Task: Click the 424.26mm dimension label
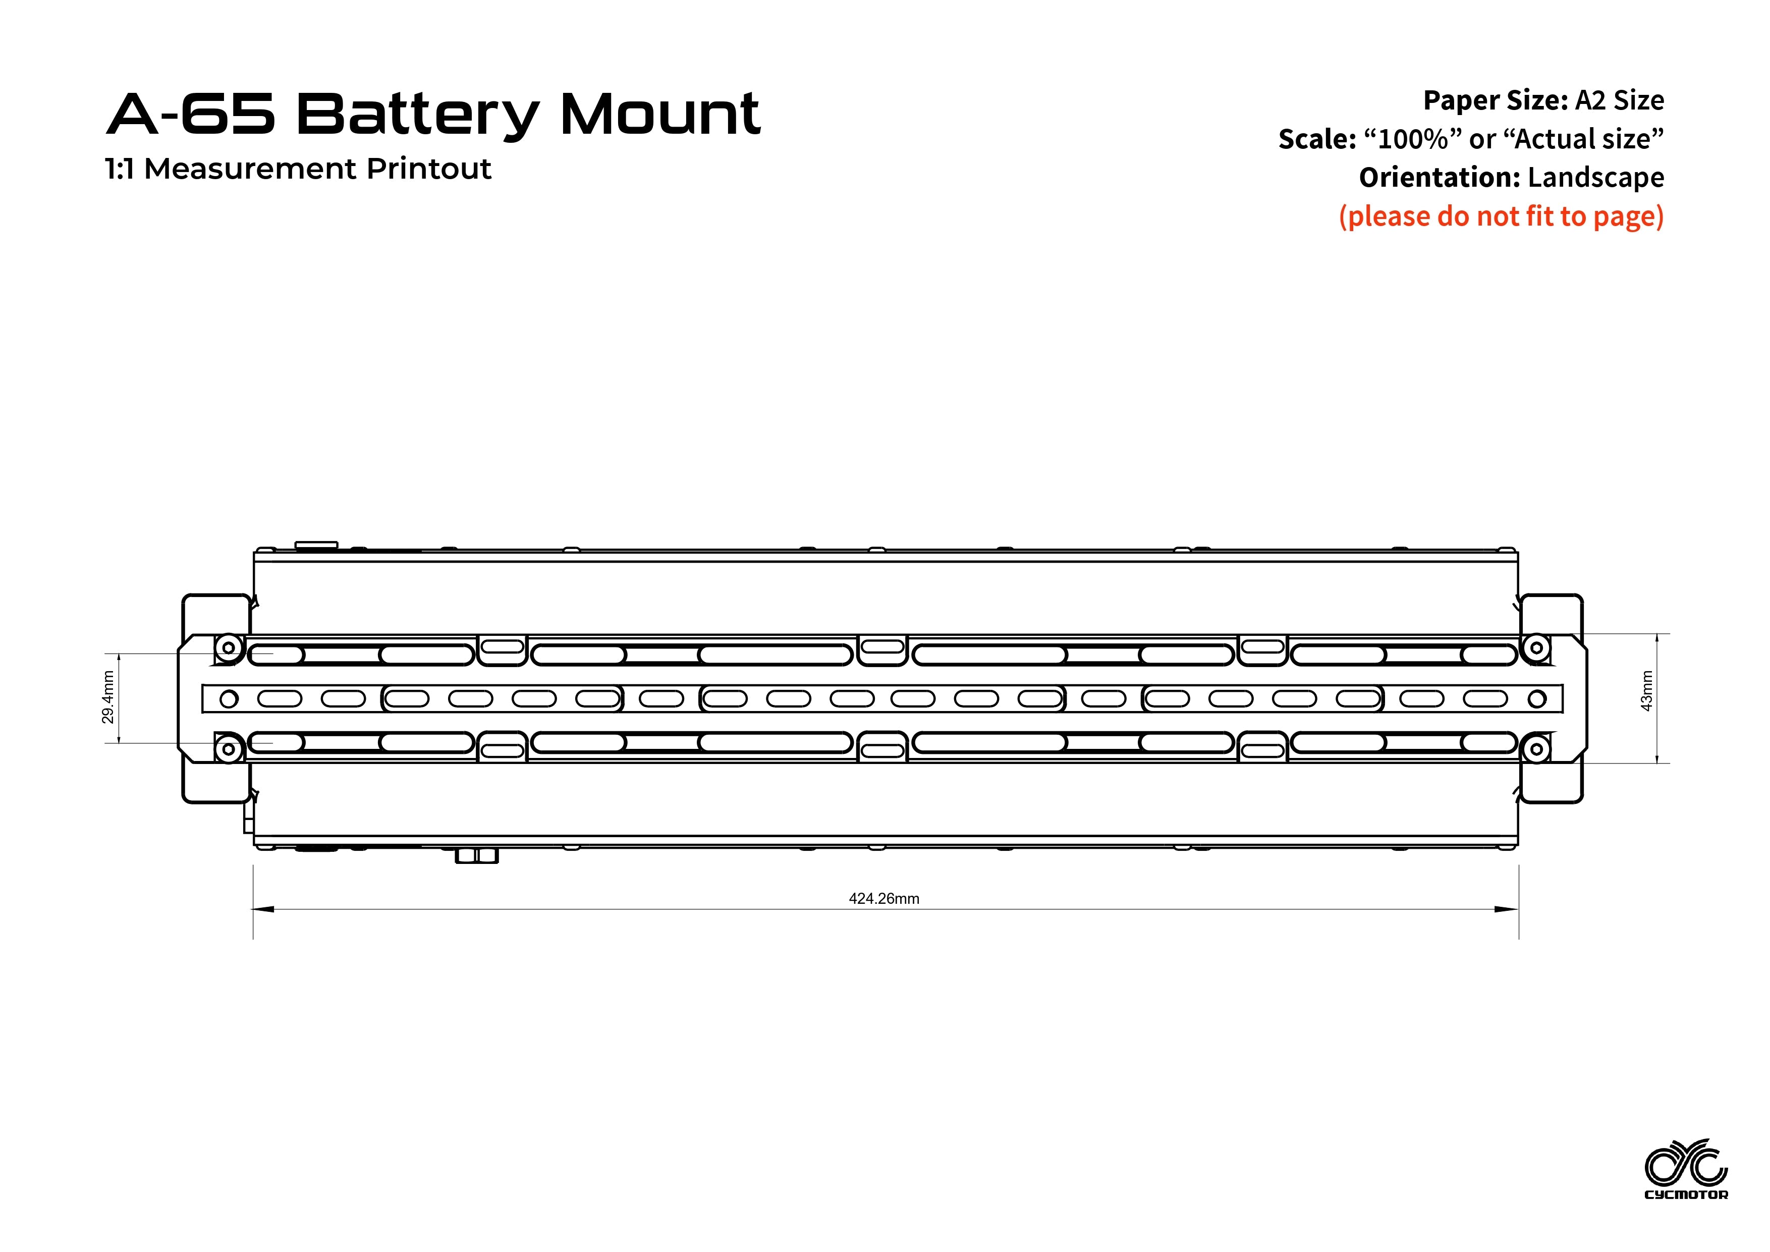point(883,899)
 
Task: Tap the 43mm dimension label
point(1647,691)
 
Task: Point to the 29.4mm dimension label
point(108,698)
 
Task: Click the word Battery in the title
point(417,115)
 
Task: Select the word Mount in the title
point(660,114)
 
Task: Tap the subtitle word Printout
point(428,169)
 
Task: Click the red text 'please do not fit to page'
point(1501,216)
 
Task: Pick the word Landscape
point(1596,177)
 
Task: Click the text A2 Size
point(1620,100)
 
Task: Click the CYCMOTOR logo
point(1687,1170)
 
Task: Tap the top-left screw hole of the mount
point(228,647)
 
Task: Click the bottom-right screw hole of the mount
point(1536,749)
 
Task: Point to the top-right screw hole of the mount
point(1536,647)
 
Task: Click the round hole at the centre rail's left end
point(229,699)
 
